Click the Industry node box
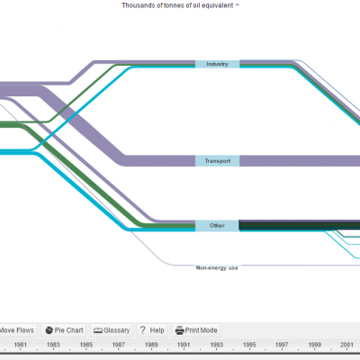point(217,64)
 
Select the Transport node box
point(217,161)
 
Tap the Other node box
point(217,226)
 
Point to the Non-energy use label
point(217,268)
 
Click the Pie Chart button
point(64,330)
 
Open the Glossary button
point(112,330)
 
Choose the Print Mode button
point(196,330)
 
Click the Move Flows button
point(17,330)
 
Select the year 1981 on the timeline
point(21,345)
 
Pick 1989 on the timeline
point(151,345)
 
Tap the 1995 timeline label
point(249,345)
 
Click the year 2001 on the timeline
point(346,345)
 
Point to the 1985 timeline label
point(85,345)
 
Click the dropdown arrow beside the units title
point(238,5)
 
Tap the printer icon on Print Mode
point(179,330)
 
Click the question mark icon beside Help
point(143,330)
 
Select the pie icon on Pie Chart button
point(49,330)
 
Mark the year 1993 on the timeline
point(217,345)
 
